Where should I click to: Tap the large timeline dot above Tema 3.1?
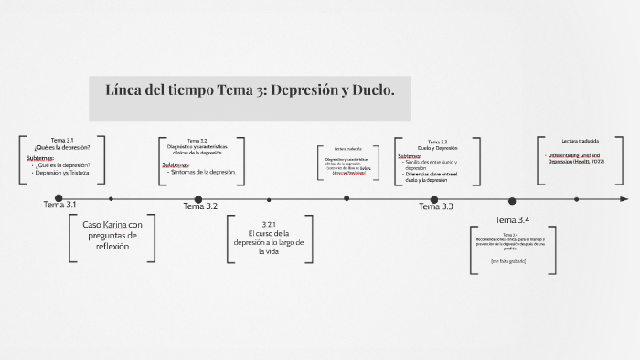coord(59,198)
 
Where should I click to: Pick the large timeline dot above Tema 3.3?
coord(434,199)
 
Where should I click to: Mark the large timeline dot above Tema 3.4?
coord(513,199)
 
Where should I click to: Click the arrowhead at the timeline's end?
coord(624,198)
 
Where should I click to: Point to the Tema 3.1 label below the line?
coord(59,205)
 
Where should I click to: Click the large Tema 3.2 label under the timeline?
coord(200,206)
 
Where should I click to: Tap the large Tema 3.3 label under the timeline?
coord(436,207)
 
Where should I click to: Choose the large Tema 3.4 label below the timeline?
coord(512,220)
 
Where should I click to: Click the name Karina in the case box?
coord(114,225)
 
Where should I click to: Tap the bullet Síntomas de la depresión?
coord(202,172)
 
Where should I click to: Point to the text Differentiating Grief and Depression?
coord(575,158)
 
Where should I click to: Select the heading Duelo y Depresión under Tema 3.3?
coord(437,148)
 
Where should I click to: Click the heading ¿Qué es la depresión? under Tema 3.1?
coord(62,147)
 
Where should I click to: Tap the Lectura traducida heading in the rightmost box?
coord(581,141)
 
